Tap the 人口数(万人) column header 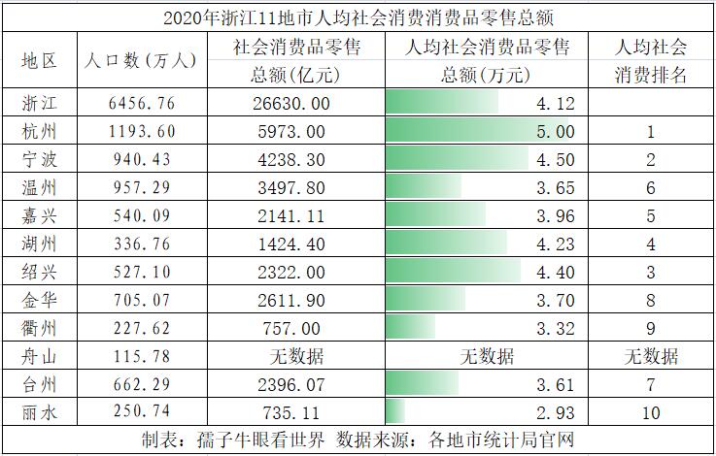point(141,60)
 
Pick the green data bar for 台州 point(422,384)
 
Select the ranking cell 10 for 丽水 point(652,412)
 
